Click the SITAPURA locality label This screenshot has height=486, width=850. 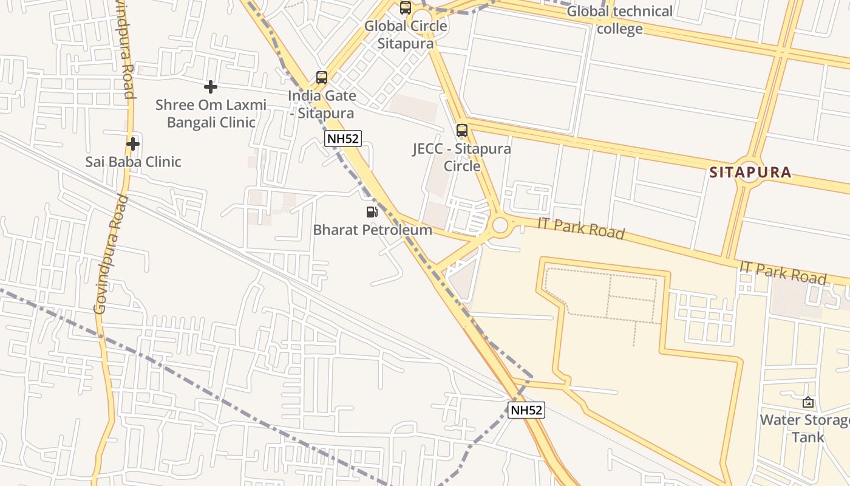point(750,173)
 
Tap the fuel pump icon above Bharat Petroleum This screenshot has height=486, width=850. point(372,212)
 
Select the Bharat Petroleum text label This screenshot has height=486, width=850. point(372,230)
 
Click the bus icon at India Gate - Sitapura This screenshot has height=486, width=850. point(322,78)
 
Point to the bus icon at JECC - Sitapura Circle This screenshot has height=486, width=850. point(462,131)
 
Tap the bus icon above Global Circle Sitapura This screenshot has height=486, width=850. point(406,8)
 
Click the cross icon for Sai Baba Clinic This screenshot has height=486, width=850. point(133,144)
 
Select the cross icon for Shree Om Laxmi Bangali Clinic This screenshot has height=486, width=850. point(211,87)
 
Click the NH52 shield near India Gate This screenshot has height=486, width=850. point(342,139)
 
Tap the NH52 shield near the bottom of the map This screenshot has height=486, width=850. point(526,410)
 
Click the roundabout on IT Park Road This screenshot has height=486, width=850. point(500,225)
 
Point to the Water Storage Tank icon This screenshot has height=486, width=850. point(808,402)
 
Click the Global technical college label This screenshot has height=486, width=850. point(619,20)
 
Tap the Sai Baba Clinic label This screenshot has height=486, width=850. point(133,162)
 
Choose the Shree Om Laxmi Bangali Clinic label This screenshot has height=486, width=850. point(211,114)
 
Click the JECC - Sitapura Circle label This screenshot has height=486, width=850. point(462,157)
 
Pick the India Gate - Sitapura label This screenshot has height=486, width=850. point(321,104)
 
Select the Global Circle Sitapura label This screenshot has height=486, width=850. point(406,35)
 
